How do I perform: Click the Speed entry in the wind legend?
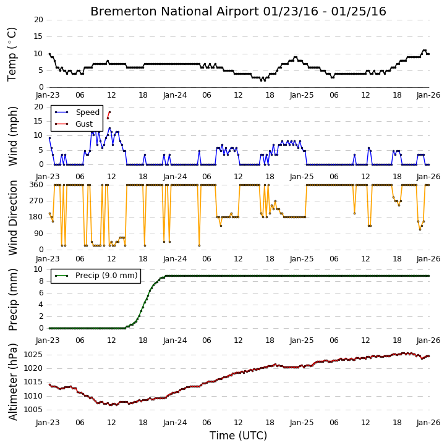click(87, 112)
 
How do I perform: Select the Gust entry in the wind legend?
click(84, 124)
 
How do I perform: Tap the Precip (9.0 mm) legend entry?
click(106, 276)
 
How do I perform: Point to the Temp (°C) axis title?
click(12, 54)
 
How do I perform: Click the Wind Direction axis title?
click(13, 218)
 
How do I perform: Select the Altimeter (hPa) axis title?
click(13, 382)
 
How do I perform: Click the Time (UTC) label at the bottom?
click(238, 436)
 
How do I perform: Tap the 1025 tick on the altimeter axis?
click(33, 355)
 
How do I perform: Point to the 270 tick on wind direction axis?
click(36, 201)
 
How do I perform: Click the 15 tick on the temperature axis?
click(38, 36)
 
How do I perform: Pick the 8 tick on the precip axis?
click(41, 281)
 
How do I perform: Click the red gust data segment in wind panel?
click(109, 115)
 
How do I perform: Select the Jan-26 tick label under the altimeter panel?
click(428, 422)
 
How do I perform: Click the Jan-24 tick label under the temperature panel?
click(175, 95)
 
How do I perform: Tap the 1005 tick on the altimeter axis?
click(33, 410)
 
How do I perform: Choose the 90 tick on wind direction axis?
click(38, 234)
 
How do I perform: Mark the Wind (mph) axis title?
click(13, 136)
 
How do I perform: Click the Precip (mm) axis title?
click(13, 300)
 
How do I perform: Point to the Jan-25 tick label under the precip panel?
click(302, 340)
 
